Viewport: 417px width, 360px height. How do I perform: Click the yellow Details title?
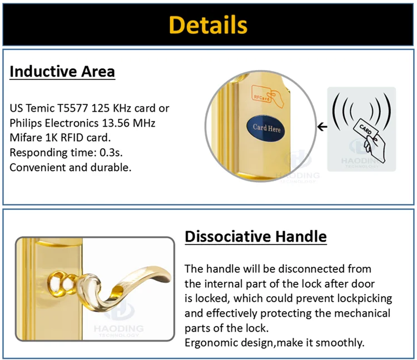pyautogui.click(x=208, y=25)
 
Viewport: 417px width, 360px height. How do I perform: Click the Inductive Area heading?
pyautogui.click(x=62, y=72)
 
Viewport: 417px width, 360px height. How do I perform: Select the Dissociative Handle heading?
pyautogui.click(x=255, y=237)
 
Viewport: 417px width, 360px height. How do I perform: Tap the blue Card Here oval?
pyautogui.click(x=266, y=128)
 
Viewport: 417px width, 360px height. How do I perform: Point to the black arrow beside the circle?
pyautogui.click(x=321, y=127)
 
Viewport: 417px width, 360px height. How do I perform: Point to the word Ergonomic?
pyautogui.click(x=209, y=342)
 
